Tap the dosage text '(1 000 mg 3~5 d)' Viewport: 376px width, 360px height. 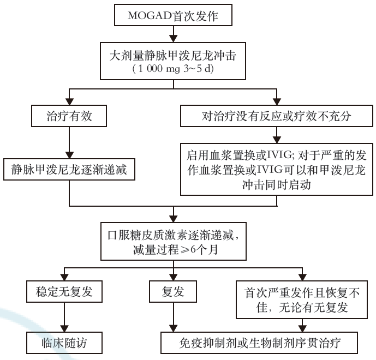(x=173, y=70)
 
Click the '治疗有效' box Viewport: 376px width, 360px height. (x=69, y=116)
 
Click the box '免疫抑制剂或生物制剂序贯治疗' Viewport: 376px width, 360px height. (x=260, y=343)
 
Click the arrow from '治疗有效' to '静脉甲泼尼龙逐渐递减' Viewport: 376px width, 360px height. (x=69, y=142)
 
